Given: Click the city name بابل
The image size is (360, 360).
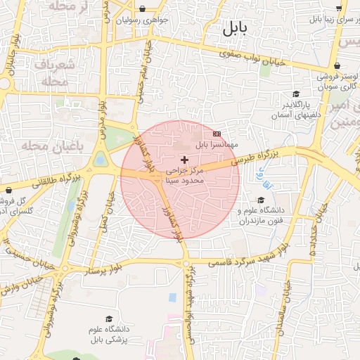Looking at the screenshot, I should point(235,29).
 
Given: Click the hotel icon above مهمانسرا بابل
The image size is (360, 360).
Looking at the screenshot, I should point(217,133).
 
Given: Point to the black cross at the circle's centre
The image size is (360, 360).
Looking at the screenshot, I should point(185,160).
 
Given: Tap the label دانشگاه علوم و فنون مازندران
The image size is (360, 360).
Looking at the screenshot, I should point(260,216).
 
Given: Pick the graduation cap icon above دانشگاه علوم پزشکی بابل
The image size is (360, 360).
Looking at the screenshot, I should point(108,319).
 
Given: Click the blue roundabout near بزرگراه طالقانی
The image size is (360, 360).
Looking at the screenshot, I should point(100,160).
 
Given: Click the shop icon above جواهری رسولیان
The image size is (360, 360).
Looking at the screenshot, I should point(143,10).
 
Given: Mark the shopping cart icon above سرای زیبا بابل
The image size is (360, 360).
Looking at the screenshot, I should point(340,8).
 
